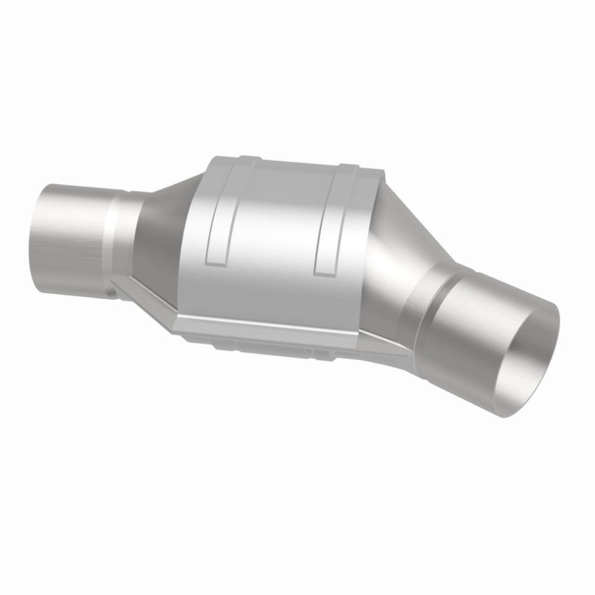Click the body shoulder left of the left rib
coord(196,238)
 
